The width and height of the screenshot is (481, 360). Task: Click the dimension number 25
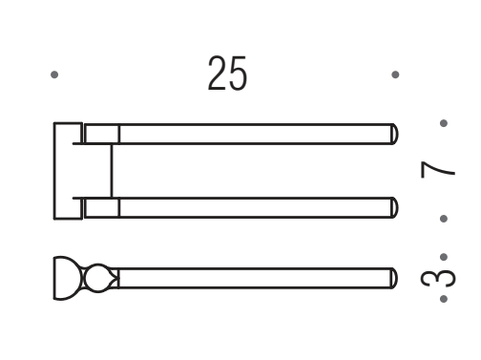pyautogui.click(x=227, y=74)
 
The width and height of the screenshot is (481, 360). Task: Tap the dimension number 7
pyautogui.click(x=438, y=170)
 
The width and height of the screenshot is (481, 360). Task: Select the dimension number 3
pyautogui.click(x=438, y=278)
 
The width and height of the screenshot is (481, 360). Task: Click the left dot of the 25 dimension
pyautogui.click(x=54, y=74)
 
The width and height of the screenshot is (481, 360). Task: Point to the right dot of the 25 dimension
pyautogui.click(x=395, y=74)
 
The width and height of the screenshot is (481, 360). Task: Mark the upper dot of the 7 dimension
pyautogui.click(x=444, y=123)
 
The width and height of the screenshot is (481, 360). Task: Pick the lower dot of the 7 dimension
pyautogui.click(x=444, y=219)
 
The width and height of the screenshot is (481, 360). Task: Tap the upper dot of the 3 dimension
pyautogui.click(x=444, y=257)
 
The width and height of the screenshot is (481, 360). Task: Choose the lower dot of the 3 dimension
pyautogui.click(x=444, y=299)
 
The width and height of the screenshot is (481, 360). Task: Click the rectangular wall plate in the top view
pyautogui.click(x=68, y=171)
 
